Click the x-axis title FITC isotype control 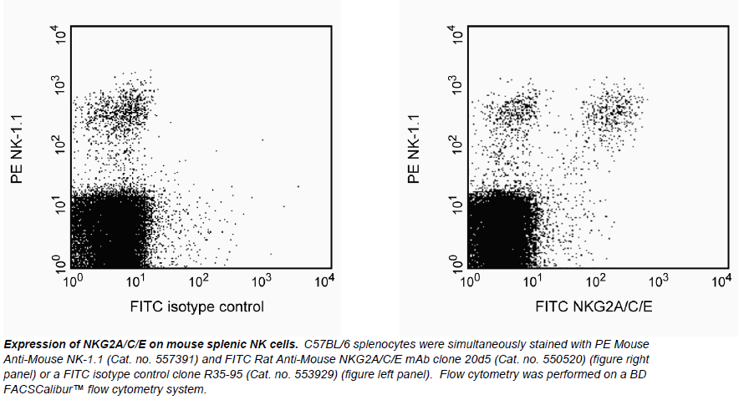coord(196,306)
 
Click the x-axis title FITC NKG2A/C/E coord(594,306)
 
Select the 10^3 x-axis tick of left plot coord(261,281)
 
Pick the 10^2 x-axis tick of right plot coord(596,281)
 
